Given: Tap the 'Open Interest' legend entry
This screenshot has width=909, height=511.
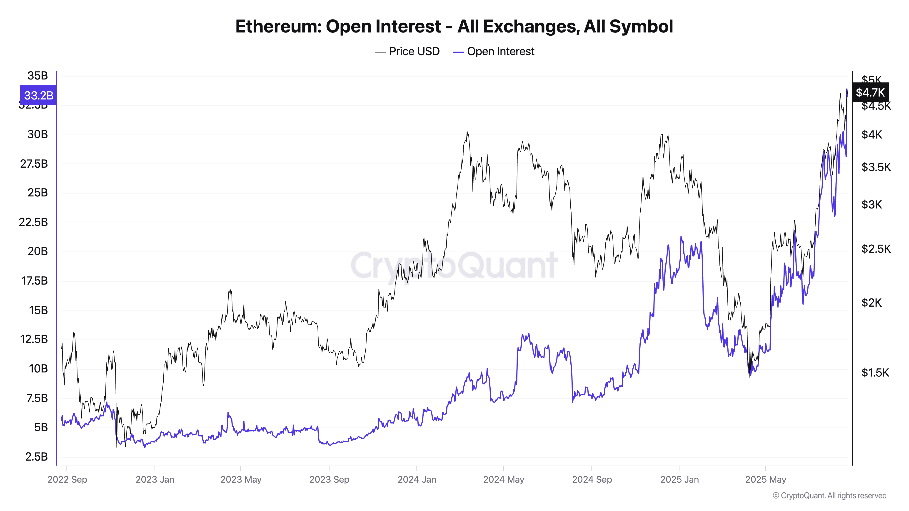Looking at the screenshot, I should (x=500, y=52).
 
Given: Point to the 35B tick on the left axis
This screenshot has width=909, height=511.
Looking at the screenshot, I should (x=37, y=75).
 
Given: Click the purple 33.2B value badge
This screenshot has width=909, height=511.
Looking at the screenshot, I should (x=38, y=95).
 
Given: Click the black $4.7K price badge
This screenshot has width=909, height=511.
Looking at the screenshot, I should (x=870, y=92).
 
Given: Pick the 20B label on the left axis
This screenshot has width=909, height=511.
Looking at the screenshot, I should (x=37, y=251).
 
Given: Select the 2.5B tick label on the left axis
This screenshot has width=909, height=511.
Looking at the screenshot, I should (x=36, y=457).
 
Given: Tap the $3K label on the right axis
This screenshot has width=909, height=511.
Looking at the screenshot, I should (x=871, y=205).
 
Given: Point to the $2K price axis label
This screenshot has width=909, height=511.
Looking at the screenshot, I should (x=871, y=303).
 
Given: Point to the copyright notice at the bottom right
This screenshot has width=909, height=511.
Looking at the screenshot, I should (x=829, y=496).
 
